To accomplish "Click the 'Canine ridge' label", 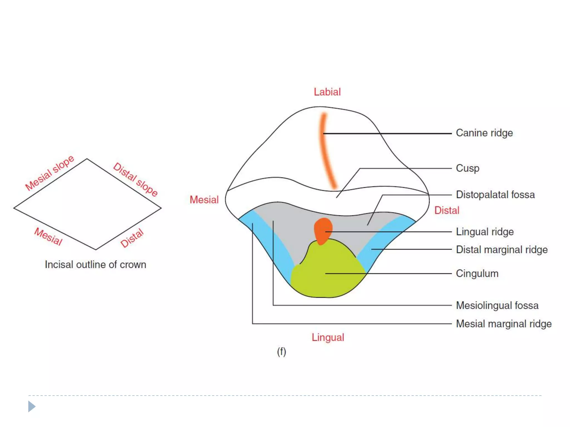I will click(x=484, y=133).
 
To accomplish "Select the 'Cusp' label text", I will click(x=467, y=168).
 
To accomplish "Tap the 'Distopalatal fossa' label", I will click(x=495, y=195).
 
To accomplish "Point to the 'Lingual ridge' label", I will click(x=485, y=232).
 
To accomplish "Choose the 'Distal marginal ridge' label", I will click(x=502, y=250).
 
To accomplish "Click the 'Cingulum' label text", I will click(x=477, y=274).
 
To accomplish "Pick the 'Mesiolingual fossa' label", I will click(x=497, y=306).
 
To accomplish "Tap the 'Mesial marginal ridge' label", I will click(x=503, y=324).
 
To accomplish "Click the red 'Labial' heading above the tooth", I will click(x=327, y=92).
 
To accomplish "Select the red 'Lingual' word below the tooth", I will click(x=328, y=337).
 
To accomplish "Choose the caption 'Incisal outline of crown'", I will click(x=95, y=265).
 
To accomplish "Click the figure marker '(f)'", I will click(x=281, y=352).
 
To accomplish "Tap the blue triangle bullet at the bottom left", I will click(x=31, y=406).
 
